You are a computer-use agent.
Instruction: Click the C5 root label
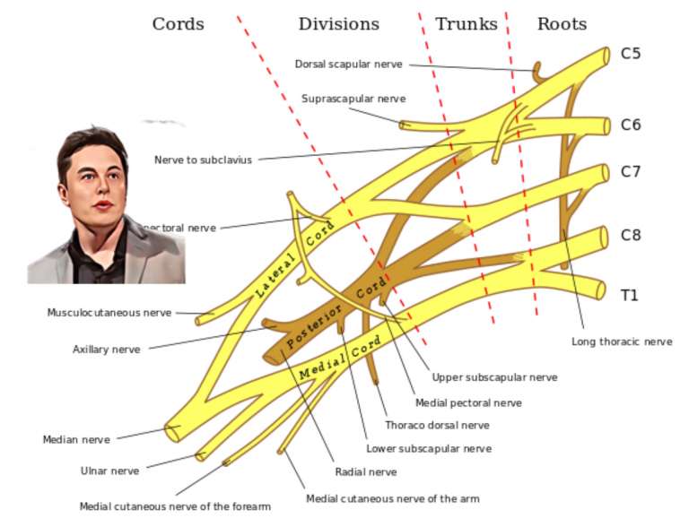631,54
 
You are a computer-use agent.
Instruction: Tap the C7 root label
631,171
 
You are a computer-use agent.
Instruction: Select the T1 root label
630,295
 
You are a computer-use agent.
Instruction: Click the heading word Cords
178,24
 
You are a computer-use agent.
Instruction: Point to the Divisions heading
338,24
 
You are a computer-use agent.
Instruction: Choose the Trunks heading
466,24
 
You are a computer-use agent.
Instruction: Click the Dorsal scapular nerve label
348,64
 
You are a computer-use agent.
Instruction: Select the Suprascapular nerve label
353,99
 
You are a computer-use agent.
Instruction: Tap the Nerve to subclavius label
203,160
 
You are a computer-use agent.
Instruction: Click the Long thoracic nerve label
622,341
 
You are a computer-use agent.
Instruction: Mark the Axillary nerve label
106,350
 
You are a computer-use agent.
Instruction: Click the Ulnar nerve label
109,471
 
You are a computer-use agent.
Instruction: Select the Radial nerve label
365,471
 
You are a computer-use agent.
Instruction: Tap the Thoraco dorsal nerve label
437,425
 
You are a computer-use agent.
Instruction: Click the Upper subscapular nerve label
494,377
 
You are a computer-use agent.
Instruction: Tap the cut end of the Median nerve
171,432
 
